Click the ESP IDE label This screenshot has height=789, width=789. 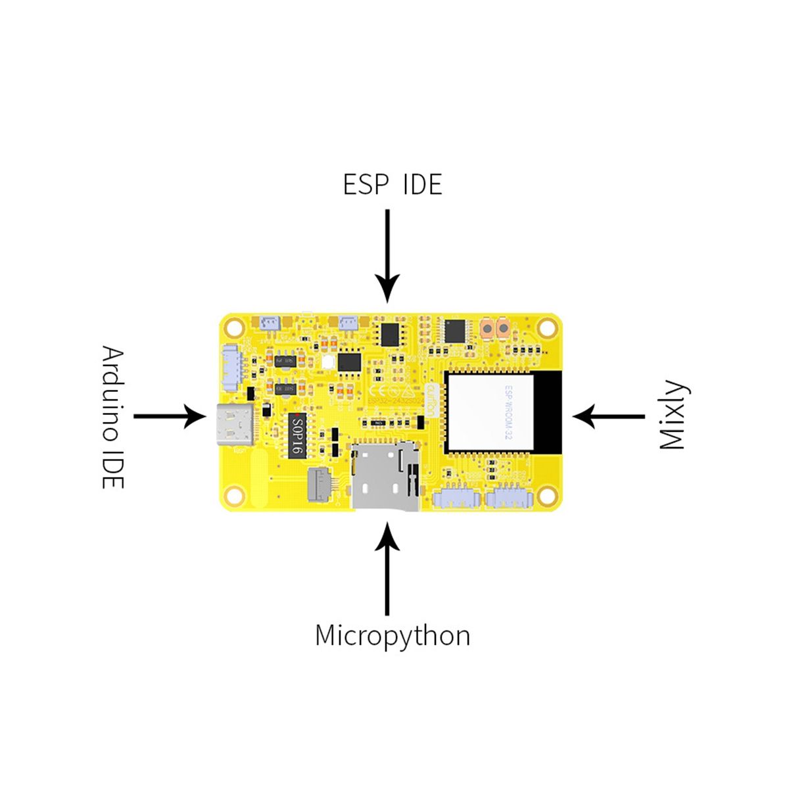[x=393, y=185]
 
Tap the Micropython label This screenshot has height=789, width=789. [x=393, y=636]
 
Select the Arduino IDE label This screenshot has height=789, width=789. [x=112, y=417]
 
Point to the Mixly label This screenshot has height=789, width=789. [x=672, y=415]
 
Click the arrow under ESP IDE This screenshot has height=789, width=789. [x=388, y=256]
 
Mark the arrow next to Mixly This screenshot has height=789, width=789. [x=608, y=416]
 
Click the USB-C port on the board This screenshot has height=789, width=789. [x=233, y=425]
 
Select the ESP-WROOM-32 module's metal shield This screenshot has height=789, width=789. [x=489, y=410]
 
